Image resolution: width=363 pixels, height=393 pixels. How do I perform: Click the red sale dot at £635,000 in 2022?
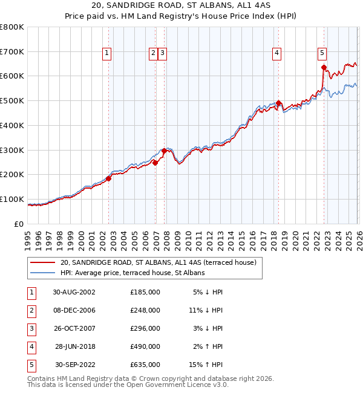coord(324,68)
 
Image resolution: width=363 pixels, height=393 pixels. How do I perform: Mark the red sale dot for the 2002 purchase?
coord(109,178)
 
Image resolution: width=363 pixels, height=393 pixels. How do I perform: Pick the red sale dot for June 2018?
coord(278,103)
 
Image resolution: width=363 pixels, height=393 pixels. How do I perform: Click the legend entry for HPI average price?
coord(132,273)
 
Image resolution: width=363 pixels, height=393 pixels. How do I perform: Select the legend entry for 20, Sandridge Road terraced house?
coord(159,262)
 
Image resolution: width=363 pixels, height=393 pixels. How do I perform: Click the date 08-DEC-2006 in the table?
coord(74,310)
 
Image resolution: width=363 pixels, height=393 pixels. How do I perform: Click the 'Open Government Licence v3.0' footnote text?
coord(175,384)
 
